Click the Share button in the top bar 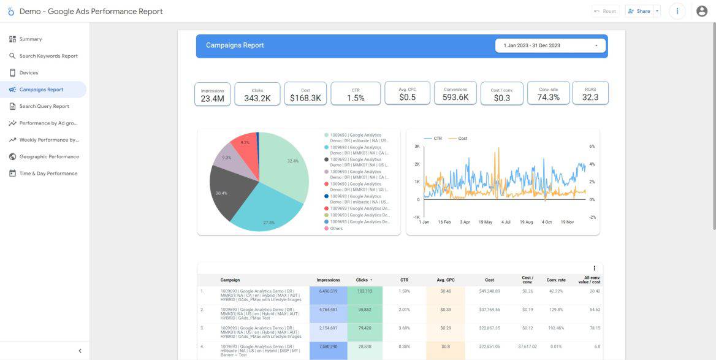tap(639, 11)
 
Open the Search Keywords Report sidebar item tap(48, 56)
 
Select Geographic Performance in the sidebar tap(49, 156)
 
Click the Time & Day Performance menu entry tap(48, 174)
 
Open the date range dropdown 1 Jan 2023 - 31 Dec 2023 tap(550, 45)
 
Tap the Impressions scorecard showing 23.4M tap(213, 95)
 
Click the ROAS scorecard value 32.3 tap(590, 94)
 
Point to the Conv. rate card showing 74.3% tap(548, 94)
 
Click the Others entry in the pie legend tap(336, 229)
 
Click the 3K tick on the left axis tap(416, 147)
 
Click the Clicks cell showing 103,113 tap(364, 291)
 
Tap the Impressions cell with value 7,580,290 tap(328, 347)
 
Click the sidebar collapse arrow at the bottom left tap(80, 351)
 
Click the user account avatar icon tap(702, 11)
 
